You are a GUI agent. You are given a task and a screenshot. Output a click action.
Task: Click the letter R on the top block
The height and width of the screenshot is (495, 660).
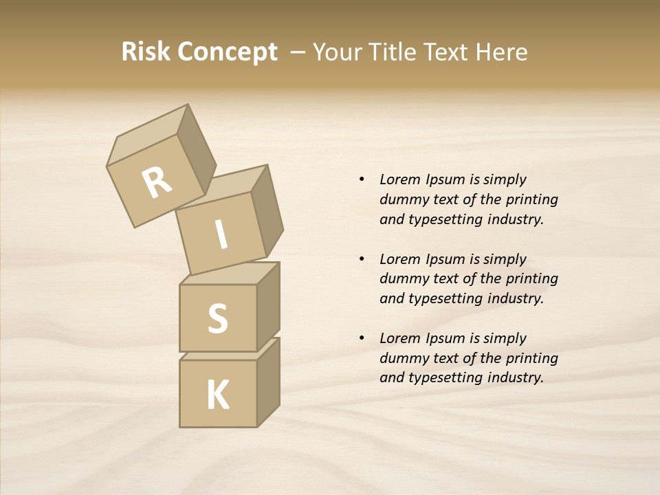click(x=157, y=183)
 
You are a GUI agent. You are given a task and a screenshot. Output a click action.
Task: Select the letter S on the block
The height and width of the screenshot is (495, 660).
click(x=217, y=319)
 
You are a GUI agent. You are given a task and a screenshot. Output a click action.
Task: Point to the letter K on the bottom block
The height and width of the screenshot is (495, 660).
click(x=218, y=395)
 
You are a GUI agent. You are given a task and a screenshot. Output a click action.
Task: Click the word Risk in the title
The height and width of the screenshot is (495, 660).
click(x=146, y=52)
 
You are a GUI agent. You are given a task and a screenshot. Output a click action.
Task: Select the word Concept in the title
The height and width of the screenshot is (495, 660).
click(x=227, y=52)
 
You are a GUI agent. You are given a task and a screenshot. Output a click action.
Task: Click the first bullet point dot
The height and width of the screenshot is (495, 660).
click(x=362, y=179)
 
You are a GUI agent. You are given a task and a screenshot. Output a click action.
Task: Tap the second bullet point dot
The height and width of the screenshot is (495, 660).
click(x=362, y=259)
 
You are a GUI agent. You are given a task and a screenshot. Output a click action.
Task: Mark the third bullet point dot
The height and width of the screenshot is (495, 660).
click(x=362, y=338)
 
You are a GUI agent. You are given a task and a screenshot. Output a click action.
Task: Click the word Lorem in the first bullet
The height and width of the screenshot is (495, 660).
click(x=399, y=179)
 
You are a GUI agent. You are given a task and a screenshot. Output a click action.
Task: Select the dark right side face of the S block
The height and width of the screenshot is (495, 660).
click(x=268, y=307)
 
